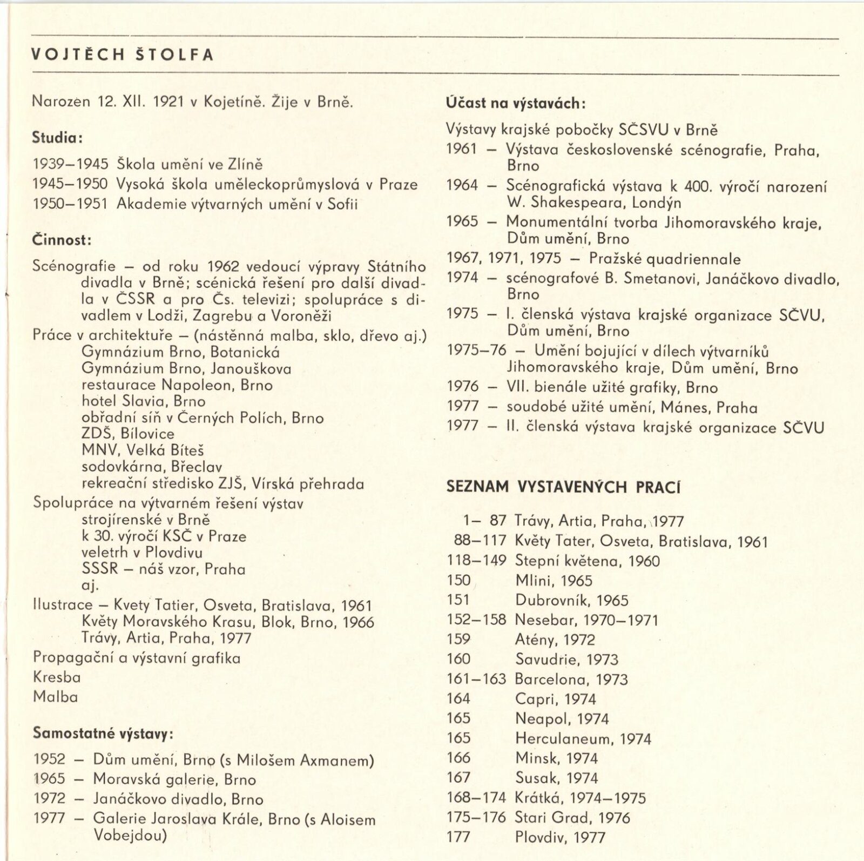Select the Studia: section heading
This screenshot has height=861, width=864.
(x=57, y=138)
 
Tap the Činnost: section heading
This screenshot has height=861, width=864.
(x=62, y=240)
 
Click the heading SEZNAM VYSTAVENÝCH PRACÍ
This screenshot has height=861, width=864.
(x=563, y=487)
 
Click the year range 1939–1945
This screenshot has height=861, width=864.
(x=70, y=165)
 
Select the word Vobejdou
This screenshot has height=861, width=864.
(x=130, y=835)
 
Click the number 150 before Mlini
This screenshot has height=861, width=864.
(x=458, y=581)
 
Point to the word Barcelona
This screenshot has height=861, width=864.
(x=551, y=679)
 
